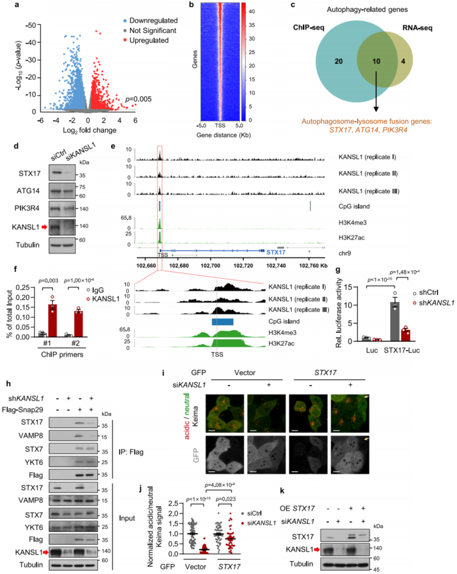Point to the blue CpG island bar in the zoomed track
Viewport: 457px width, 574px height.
point(223,322)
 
